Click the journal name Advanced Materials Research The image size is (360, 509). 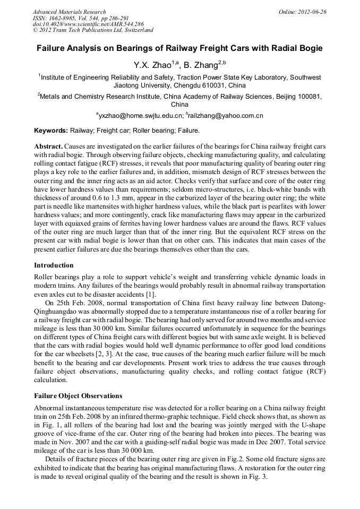pos(69,12)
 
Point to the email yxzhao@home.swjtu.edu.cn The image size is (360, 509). pos(140,115)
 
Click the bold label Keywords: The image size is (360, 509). pos(51,131)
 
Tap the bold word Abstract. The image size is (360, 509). pos(49,146)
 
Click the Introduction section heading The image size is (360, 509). pos(54,265)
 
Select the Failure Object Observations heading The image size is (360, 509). pos(78,395)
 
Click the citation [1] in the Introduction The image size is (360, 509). pos(150,294)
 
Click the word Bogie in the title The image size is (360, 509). pos(308,48)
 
